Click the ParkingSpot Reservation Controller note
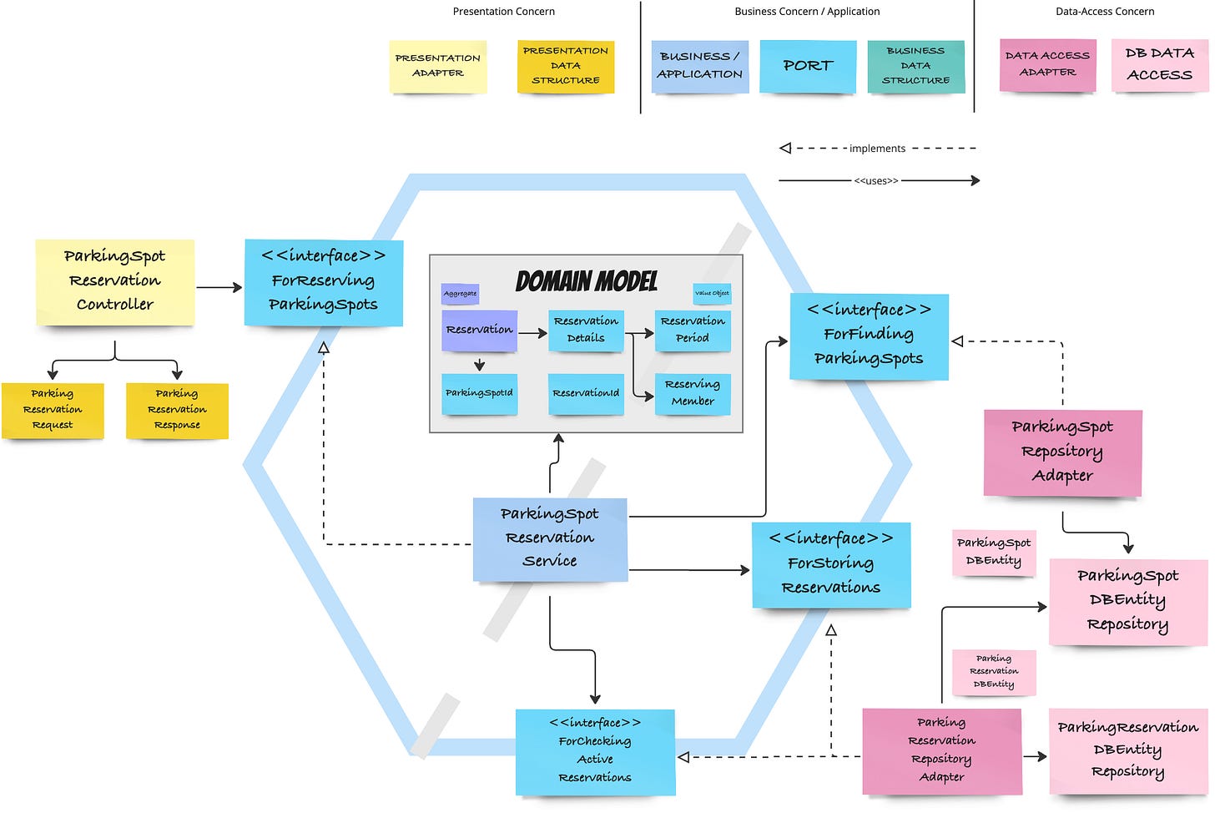point(115,281)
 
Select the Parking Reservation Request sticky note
point(53,410)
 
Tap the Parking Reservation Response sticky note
point(177,410)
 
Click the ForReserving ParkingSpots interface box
point(324,281)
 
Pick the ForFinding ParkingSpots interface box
point(869,336)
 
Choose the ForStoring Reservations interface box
point(831,564)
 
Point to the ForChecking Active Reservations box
point(595,751)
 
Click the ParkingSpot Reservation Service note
point(550,538)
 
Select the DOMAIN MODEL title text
point(586,281)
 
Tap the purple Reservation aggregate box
point(479,331)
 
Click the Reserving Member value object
point(693,393)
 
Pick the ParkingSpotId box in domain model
point(479,393)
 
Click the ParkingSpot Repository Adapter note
point(1062,452)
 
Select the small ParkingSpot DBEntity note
point(994,553)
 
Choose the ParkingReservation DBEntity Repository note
point(1127,750)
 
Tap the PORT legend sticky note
point(808,66)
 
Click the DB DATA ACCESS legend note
point(1159,64)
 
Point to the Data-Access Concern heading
point(1105,12)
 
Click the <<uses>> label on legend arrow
point(876,180)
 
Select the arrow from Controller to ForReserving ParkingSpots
point(219,287)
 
